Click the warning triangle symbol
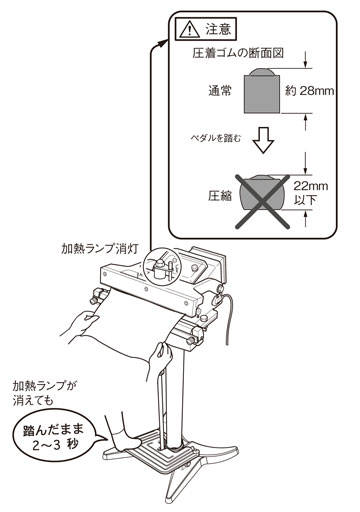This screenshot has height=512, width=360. click(190, 30)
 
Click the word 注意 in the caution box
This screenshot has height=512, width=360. click(218, 29)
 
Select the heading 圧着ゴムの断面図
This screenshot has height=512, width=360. click(238, 53)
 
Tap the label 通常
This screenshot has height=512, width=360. click(220, 91)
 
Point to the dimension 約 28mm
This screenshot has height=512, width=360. click(309, 91)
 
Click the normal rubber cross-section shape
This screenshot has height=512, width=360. click(261, 91)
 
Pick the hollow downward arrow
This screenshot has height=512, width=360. click(263, 140)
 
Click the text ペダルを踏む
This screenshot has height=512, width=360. click(215, 138)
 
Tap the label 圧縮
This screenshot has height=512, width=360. click(220, 196)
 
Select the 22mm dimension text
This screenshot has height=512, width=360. click(310, 186)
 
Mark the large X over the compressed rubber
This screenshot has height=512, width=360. click(262, 202)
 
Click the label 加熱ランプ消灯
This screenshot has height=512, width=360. click(99, 249)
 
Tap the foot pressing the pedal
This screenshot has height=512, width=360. click(126, 439)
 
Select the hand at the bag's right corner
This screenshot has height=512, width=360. click(160, 360)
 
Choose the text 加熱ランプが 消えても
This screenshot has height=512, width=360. click(45, 393)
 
